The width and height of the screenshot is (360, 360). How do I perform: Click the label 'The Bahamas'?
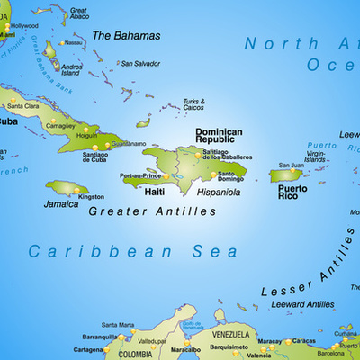(x=127, y=36)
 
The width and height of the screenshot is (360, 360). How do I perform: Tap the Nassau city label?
(x=74, y=42)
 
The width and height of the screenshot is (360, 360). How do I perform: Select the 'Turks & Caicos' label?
(x=193, y=104)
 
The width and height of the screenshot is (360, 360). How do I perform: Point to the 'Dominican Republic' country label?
(x=219, y=137)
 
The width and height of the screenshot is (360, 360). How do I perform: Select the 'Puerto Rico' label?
(x=292, y=193)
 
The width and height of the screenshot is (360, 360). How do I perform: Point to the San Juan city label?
(x=291, y=165)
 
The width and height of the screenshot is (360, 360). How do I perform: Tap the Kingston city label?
(x=91, y=196)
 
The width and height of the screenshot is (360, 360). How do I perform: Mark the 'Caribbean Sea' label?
(x=133, y=251)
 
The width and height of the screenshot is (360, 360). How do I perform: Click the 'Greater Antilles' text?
(x=152, y=211)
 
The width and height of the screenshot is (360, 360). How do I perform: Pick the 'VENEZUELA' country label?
(x=230, y=333)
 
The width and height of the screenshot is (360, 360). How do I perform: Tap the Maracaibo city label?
(x=185, y=349)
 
